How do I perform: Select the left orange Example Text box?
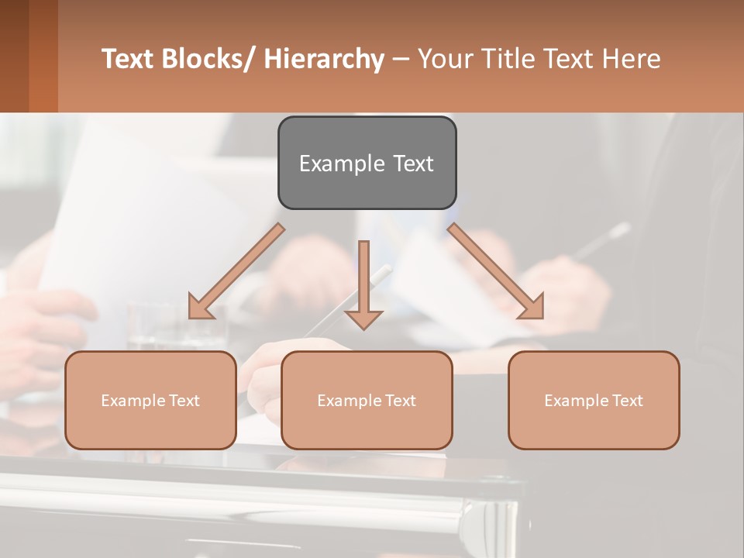coord(150,400)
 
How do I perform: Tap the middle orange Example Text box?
coord(366,400)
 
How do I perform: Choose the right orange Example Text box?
coord(594,400)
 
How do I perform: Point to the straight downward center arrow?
coord(363,279)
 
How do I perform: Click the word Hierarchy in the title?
coord(323,59)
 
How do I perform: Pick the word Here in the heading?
coord(632,59)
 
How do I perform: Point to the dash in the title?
coord(401,59)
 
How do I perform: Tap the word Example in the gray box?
coord(333,164)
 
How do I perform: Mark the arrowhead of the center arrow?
coord(363,319)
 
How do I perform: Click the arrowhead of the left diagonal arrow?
coord(200,308)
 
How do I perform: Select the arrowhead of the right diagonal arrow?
coord(532,307)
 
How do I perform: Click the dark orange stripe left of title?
coord(43,56)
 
